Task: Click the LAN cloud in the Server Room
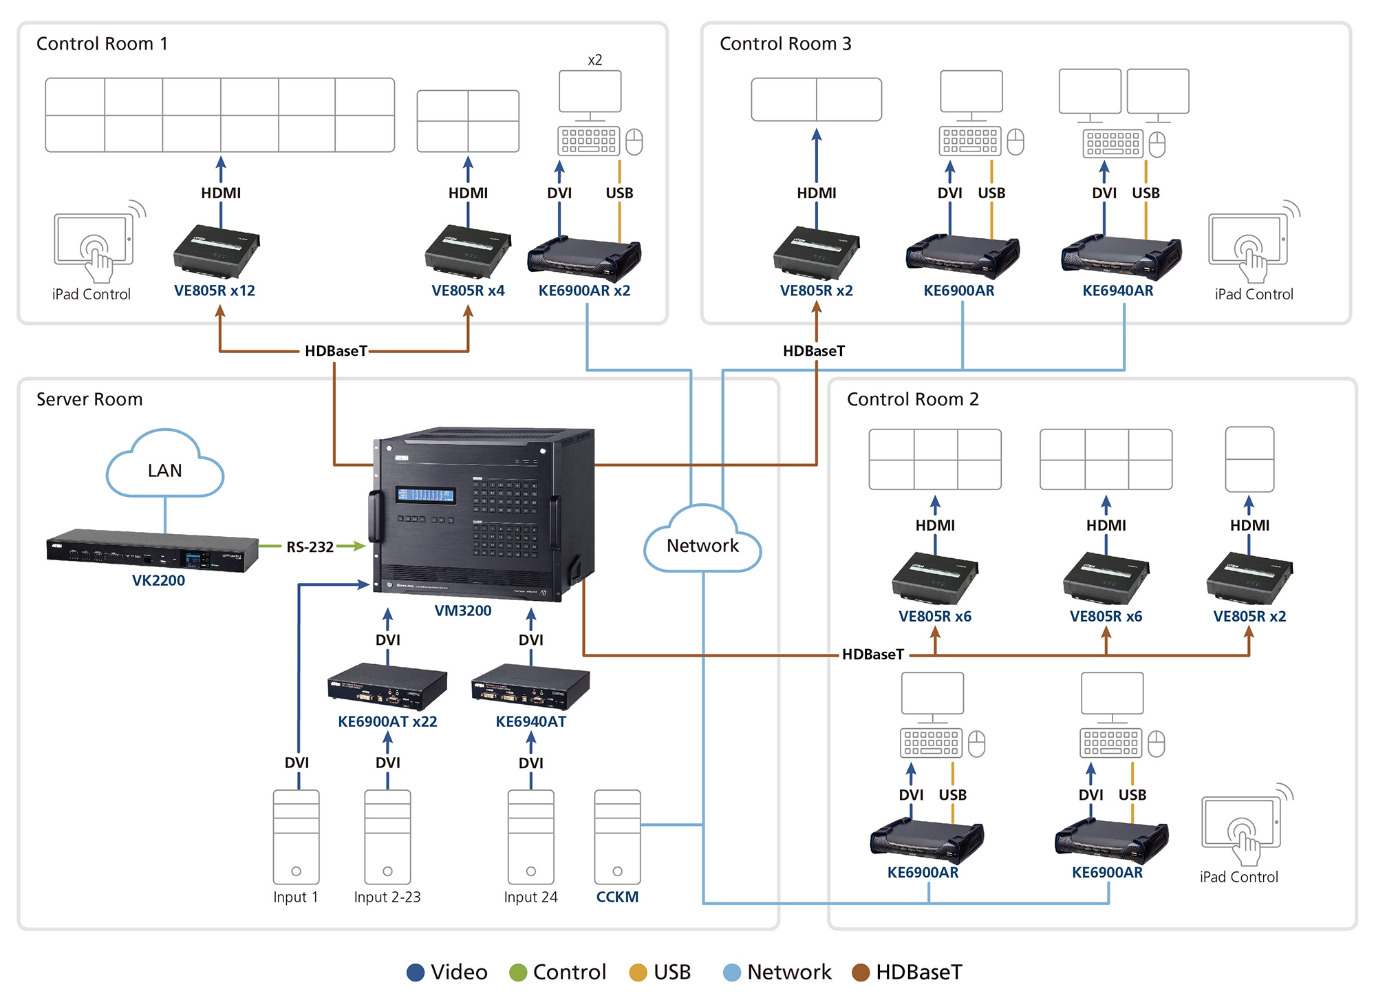click(x=165, y=468)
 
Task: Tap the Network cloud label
click(x=702, y=546)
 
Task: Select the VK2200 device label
click(x=158, y=580)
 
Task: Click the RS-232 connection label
click(x=310, y=547)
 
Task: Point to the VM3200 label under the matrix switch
click(x=463, y=611)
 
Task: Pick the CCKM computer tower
click(x=617, y=836)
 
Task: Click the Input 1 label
click(x=295, y=897)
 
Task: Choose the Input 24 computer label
click(x=530, y=897)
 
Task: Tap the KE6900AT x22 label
click(x=387, y=721)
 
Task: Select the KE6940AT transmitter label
click(x=530, y=721)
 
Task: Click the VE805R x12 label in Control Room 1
click(x=214, y=290)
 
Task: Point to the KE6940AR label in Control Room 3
click(x=1117, y=290)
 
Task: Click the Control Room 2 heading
click(x=912, y=399)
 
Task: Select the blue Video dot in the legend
click(x=416, y=972)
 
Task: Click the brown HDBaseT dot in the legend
click(x=861, y=972)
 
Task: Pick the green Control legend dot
click(x=518, y=972)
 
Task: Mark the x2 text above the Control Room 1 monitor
click(x=595, y=60)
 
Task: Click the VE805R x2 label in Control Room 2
click(x=1249, y=616)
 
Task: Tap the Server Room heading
click(x=89, y=399)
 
